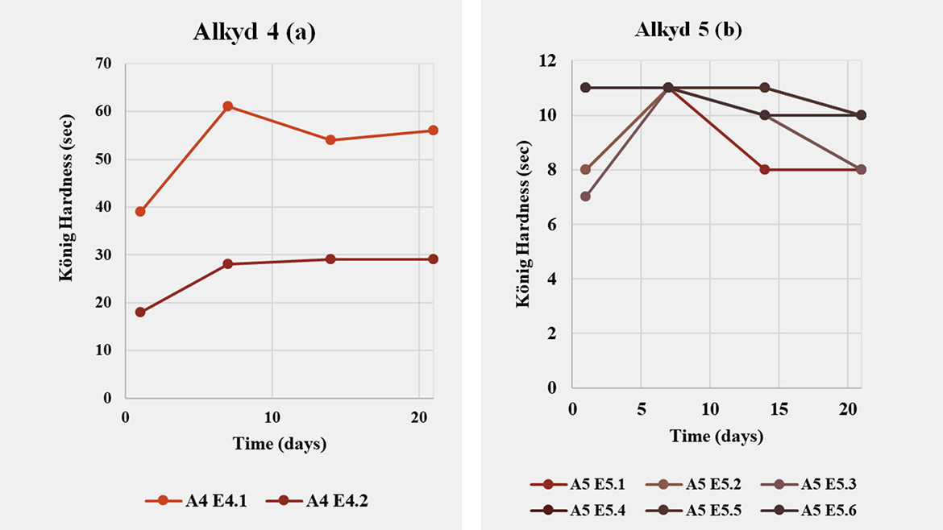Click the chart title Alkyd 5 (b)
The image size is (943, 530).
tap(688, 31)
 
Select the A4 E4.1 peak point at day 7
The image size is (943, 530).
tap(228, 106)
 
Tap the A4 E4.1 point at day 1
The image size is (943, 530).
tap(140, 211)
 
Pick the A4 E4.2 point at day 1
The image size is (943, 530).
tap(140, 312)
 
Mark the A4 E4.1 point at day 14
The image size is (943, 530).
tap(330, 140)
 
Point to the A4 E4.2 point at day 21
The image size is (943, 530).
tap(433, 259)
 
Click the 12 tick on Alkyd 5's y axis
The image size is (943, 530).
tap(550, 61)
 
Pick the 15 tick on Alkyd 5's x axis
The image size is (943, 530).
tap(778, 409)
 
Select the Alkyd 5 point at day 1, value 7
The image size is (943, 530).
tap(586, 197)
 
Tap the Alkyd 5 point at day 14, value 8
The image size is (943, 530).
tap(764, 169)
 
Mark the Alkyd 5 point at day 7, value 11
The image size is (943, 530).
tap(668, 88)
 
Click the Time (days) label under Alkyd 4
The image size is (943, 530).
tap(279, 444)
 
